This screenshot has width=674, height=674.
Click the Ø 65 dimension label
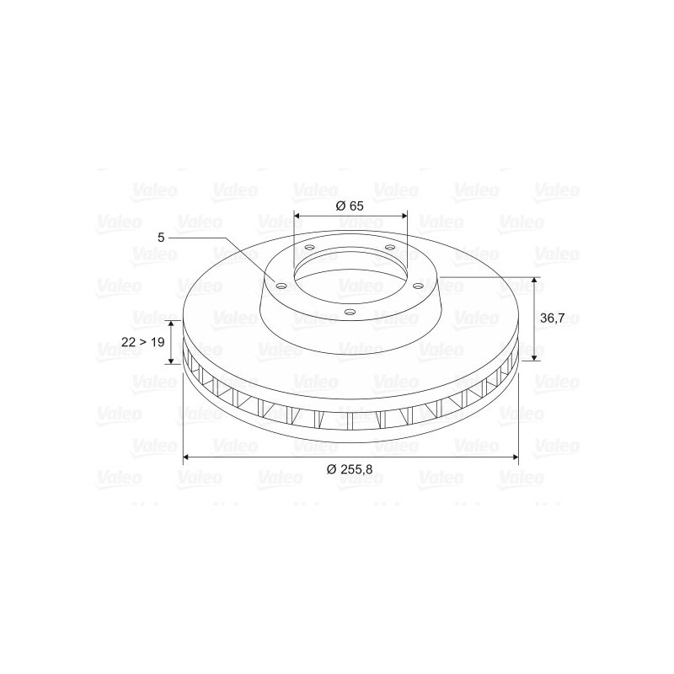[350, 206]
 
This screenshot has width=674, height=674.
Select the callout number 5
[161, 238]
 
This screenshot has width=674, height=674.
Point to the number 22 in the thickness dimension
[128, 342]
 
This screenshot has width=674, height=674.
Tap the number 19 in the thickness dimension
[158, 342]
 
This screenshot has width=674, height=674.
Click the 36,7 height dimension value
[552, 318]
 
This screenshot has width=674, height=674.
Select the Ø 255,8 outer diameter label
[350, 469]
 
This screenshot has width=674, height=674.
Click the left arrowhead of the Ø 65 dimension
[297, 216]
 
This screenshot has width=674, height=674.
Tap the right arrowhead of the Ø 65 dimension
[403, 216]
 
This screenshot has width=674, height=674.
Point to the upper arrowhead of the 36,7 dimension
[534, 281]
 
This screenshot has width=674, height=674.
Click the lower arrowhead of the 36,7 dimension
[534, 356]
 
